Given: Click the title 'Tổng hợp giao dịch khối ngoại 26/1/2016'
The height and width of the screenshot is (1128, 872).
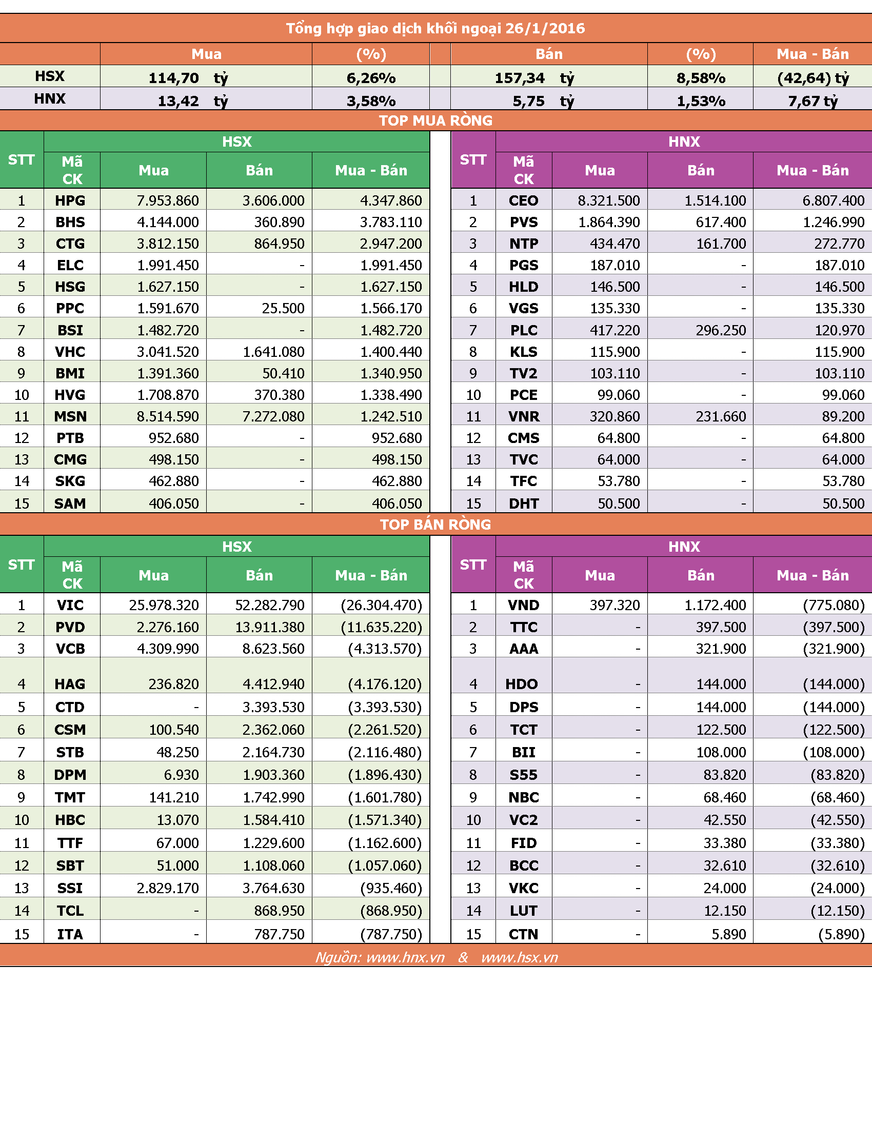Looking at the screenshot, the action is (435, 28).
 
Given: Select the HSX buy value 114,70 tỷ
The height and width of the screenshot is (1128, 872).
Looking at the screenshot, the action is (188, 78).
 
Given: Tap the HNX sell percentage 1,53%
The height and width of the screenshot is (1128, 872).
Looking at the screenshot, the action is (701, 101).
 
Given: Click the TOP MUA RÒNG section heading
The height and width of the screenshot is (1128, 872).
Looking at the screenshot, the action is (435, 120).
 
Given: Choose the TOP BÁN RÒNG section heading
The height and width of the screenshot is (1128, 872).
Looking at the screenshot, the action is (435, 524).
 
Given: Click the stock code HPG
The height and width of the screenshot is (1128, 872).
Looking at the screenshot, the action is (70, 200).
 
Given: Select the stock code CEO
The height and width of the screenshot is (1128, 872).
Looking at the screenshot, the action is (523, 200).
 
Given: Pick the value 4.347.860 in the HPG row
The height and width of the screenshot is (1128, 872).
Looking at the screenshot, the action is (391, 200).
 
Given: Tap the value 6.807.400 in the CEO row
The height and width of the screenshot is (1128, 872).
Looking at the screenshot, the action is (833, 200).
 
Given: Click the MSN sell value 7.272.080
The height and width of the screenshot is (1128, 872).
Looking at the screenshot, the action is (274, 416).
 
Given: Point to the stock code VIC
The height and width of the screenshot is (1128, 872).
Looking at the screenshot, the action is (70, 605).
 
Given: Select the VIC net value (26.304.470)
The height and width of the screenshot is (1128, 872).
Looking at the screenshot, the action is (382, 605).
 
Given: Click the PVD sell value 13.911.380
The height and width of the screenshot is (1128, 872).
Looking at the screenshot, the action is (270, 627).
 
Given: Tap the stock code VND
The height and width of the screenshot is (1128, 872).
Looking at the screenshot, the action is (523, 605).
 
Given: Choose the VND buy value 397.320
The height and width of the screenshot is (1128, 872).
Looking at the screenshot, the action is (615, 605).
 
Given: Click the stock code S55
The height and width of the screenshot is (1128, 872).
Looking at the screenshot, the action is (523, 775).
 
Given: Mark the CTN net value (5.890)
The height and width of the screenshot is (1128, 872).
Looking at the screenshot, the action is (842, 934).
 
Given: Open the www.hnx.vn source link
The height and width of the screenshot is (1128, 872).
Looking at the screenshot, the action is (406, 958).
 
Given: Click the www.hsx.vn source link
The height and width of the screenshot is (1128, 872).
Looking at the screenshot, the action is (520, 958).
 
